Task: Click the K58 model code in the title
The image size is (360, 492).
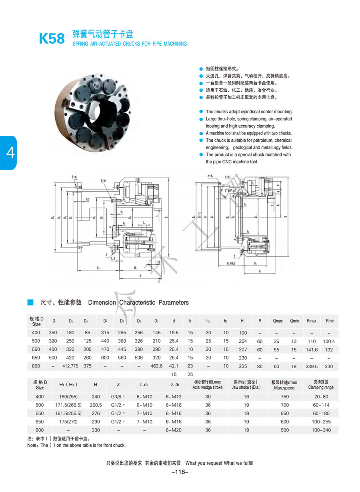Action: point(52,38)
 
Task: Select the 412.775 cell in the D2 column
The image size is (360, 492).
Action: point(70,366)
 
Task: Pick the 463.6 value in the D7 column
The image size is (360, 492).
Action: point(156,366)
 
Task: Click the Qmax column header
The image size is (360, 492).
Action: point(278,321)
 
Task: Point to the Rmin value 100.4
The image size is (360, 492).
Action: point(330,341)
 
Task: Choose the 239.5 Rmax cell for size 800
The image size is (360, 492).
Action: point(312,366)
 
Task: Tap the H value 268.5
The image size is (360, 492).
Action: point(95,405)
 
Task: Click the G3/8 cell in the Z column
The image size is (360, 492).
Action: point(118,396)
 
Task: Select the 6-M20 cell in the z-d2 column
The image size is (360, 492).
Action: point(173,430)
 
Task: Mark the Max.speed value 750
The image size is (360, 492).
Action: point(284,396)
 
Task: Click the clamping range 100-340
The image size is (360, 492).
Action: point(321,430)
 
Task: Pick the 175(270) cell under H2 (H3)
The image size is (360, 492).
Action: point(67,422)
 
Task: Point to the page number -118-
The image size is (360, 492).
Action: point(180,472)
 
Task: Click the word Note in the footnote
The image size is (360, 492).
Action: point(32,445)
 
